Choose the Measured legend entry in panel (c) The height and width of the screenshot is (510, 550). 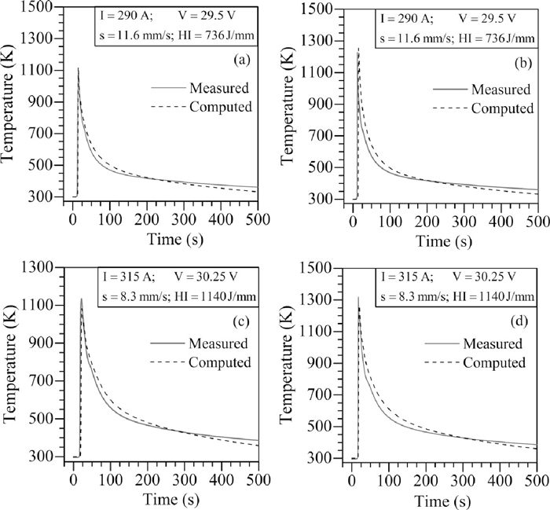(218, 343)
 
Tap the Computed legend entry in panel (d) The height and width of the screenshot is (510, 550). (493, 363)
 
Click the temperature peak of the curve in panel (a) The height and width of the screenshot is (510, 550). (78, 68)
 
